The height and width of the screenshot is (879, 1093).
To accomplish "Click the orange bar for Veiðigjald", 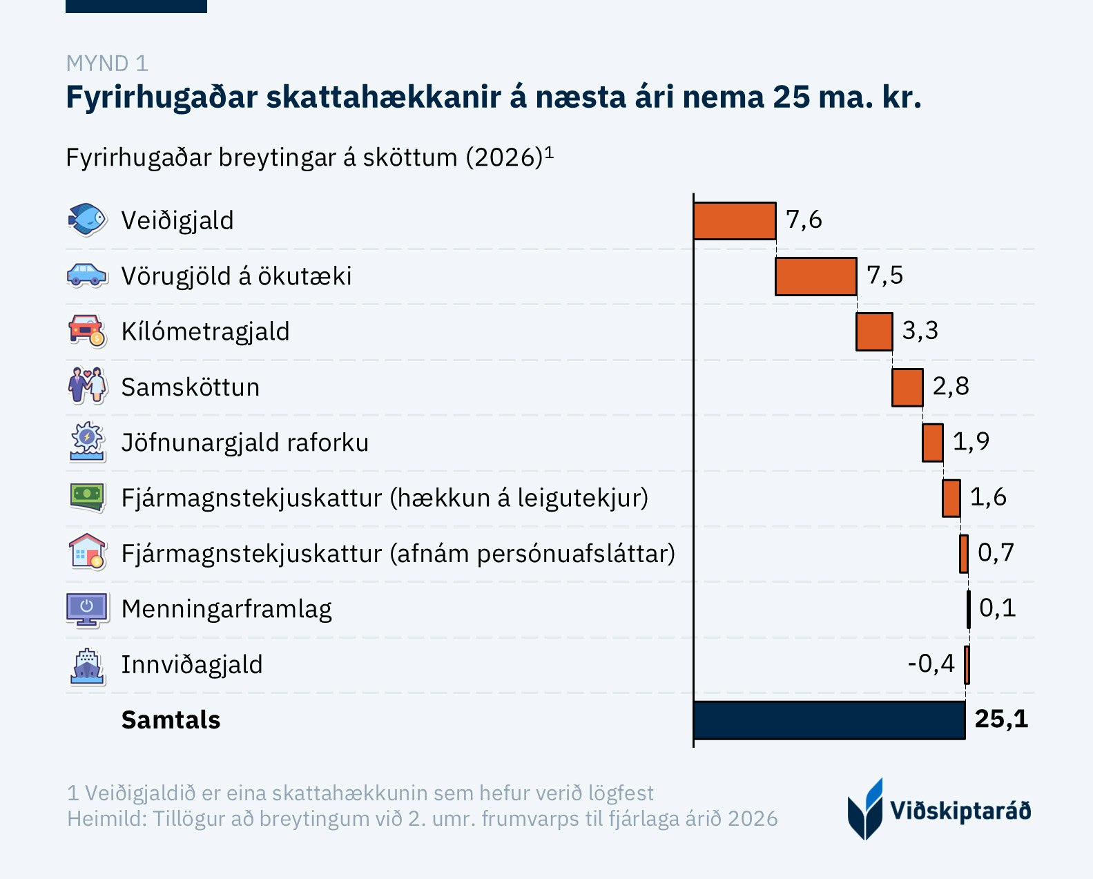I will pos(735,221).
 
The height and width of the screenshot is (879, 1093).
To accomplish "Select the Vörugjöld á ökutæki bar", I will pos(816,276).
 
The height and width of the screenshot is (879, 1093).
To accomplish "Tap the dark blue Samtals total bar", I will pos(829,720).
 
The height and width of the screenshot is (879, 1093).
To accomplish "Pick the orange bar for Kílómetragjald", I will pos(874,331).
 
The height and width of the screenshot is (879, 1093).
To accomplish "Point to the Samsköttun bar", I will pos(907,387).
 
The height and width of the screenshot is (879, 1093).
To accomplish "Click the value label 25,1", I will pos(1001,719).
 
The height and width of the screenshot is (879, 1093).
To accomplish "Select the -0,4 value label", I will pos(931,664).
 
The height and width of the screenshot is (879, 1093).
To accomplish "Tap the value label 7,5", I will pos(884,276).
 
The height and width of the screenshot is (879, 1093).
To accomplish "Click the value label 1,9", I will pos(971,441).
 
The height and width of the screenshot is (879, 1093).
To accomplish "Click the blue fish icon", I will pos(87,220).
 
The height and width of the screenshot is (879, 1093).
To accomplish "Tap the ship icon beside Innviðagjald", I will pos(87,666).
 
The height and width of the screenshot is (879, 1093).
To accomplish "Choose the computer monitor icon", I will pos(87,609).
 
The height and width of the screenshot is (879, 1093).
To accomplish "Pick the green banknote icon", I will pos(87,496).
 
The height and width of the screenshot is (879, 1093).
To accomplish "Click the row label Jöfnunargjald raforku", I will pos(245,443).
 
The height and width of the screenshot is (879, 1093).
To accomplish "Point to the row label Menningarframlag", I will pos(226,609).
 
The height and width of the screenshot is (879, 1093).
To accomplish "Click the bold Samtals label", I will pos(171,720).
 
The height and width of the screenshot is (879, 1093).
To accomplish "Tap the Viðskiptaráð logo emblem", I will pos(865,809).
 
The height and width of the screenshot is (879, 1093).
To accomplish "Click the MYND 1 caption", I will pos(107,64).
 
